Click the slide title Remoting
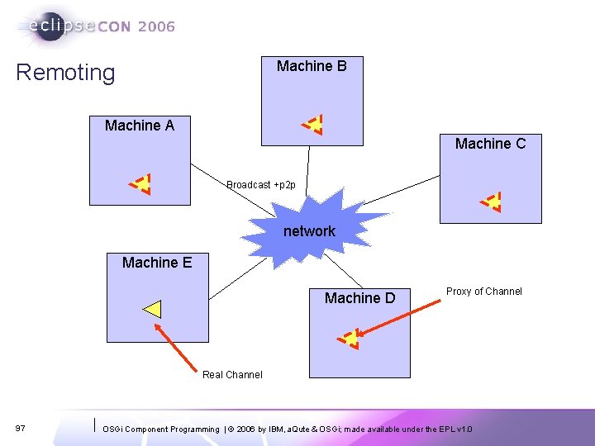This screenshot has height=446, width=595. tap(66, 73)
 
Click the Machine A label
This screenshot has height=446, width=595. tap(140, 126)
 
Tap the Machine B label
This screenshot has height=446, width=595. tap(312, 66)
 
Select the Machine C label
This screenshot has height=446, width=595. tap(490, 144)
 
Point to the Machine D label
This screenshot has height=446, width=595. tap(359, 298)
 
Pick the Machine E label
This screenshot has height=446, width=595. tap(157, 263)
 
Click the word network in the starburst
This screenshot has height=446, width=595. tap(309, 231)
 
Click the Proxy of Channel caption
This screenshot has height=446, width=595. tap(484, 292)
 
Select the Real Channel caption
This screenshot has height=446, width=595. tap(232, 375)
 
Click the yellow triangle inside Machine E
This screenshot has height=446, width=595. tap(152, 310)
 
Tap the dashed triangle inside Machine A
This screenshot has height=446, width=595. tap(140, 183)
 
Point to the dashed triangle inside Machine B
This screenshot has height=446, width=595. tap(312, 125)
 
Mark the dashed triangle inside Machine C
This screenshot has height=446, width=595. tap(492, 202)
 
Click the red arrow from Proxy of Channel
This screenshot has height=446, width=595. tap(401, 318)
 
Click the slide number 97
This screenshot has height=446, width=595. tap(21, 429)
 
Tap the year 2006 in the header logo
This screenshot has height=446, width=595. tap(156, 26)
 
